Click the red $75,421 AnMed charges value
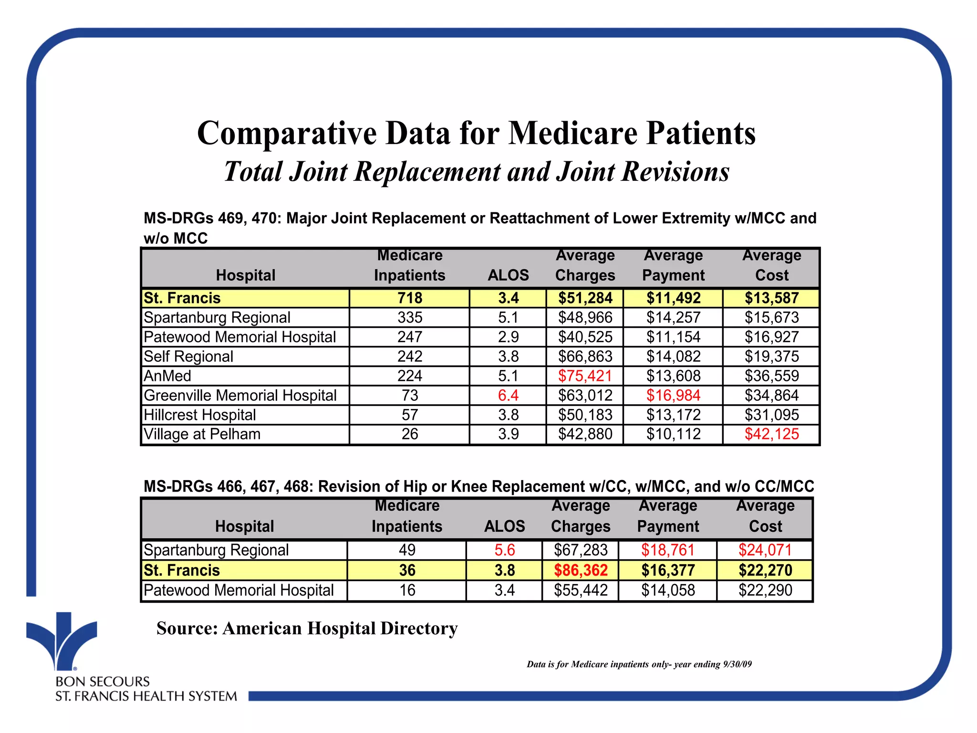(x=585, y=376)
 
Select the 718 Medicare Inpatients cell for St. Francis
(x=410, y=298)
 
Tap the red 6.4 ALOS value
(x=508, y=396)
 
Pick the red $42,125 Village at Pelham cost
(x=771, y=434)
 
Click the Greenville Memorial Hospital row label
(x=240, y=396)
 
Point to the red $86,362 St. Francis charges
(x=581, y=570)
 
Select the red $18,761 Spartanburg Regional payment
(x=667, y=550)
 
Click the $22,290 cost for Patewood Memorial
(x=765, y=590)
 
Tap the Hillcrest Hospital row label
(x=200, y=415)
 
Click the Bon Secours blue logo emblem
(x=62, y=639)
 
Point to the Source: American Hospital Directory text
(x=307, y=628)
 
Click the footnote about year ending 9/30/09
(x=639, y=664)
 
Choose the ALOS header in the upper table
(x=508, y=275)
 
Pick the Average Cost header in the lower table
(x=765, y=516)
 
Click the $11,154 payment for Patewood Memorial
(x=673, y=337)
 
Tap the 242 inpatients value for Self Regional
(x=410, y=356)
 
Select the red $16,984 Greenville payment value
(x=673, y=396)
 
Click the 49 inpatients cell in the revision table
(x=407, y=550)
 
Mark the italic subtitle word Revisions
(x=675, y=172)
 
